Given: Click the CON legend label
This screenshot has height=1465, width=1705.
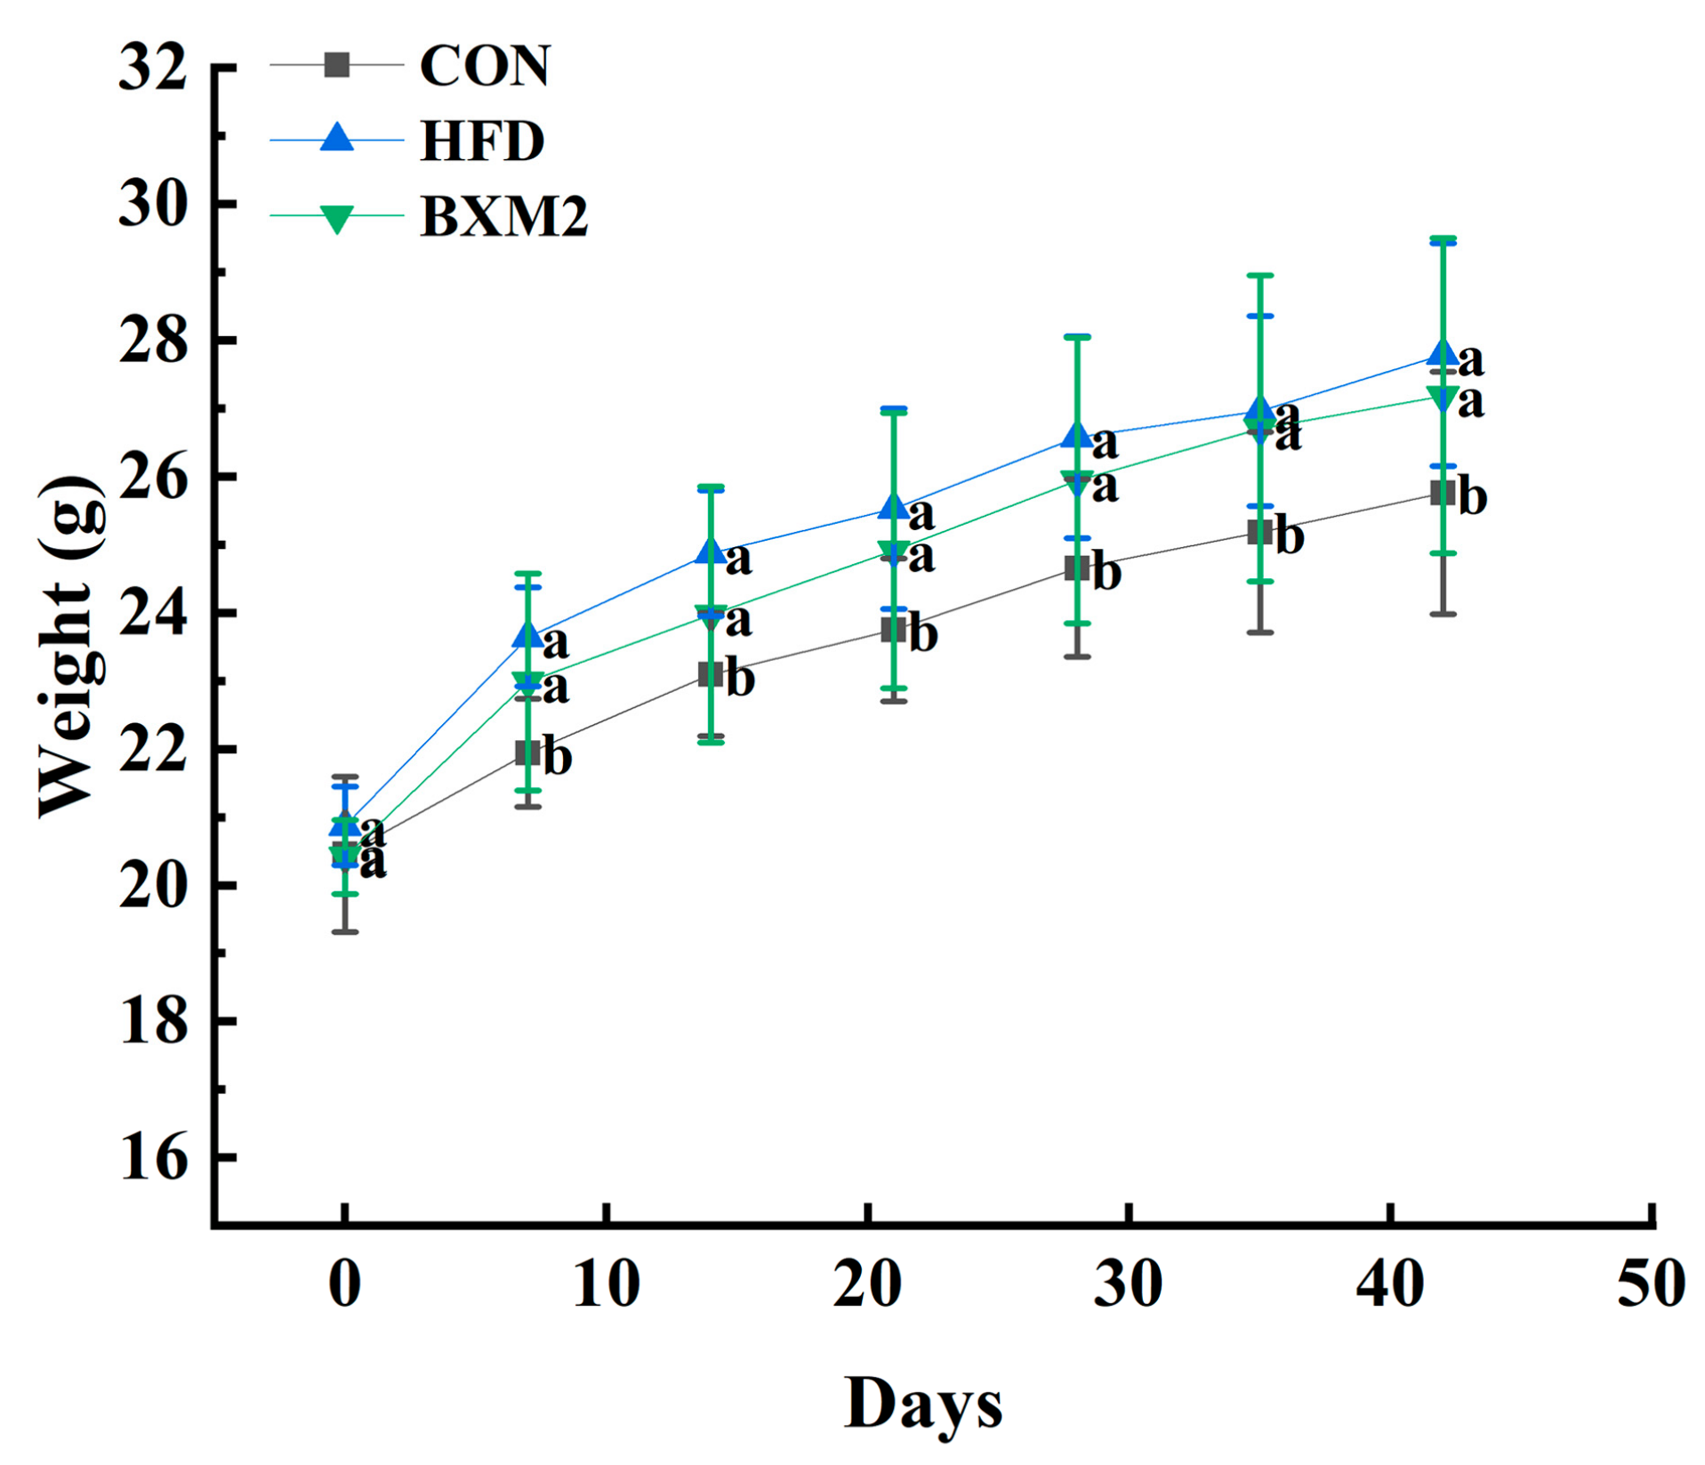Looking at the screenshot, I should pos(484,66).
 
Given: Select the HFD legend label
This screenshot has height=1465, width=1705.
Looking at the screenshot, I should pos(481,141).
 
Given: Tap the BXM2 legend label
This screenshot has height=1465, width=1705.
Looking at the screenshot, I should pos(503,216).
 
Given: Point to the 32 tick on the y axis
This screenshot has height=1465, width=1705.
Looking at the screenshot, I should pos(153,67).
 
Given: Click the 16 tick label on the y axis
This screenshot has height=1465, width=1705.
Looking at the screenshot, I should pos(153,1158).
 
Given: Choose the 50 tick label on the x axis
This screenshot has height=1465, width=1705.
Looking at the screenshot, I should pos(1650,1284).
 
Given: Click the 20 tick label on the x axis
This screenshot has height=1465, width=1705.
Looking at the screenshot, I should pos(867,1284).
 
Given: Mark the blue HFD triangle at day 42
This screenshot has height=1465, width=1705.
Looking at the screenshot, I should pos(1443,353).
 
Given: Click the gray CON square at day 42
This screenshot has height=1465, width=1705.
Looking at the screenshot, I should pos(1443,493).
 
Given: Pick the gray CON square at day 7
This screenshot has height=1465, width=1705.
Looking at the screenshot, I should pos(528,753).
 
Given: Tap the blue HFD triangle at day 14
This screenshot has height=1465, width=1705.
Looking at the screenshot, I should pos(711,551).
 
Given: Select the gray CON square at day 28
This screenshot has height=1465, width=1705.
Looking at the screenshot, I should pos(1077,567).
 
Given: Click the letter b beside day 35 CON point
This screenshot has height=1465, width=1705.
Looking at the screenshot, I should pos(1290,535).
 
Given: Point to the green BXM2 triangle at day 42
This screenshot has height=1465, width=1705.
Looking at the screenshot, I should pos(1443,397).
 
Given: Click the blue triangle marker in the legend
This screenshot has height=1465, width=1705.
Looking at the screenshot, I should pos(337,138).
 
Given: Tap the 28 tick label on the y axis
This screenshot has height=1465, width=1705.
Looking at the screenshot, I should pos(153,342).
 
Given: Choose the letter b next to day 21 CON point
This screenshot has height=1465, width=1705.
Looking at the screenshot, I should pos(923,634).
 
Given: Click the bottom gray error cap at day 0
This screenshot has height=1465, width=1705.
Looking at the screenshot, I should pos(345,931).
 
